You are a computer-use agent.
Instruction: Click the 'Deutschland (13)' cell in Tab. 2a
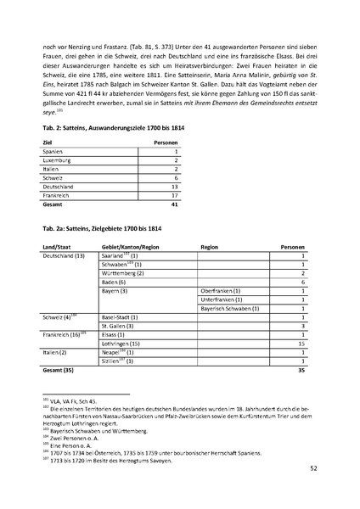[x=64, y=255]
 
